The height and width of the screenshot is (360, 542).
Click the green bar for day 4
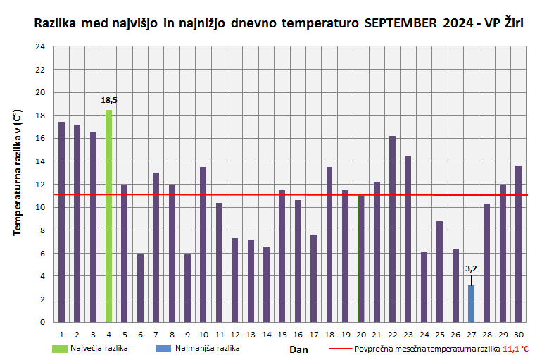[x=109, y=216]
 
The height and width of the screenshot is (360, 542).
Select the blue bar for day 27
[x=471, y=304]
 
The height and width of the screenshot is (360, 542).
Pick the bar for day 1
[x=62, y=222]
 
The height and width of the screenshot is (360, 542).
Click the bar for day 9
[x=187, y=288]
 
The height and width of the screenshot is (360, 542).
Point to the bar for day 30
[x=518, y=244]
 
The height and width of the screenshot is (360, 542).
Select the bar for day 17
[x=313, y=278]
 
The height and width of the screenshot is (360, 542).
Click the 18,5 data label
[x=109, y=101]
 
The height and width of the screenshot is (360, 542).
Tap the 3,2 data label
[x=471, y=268]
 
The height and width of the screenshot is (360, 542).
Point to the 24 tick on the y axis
[x=40, y=46]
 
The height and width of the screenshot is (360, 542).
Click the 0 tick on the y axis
[x=42, y=322]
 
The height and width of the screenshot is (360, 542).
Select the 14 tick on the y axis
[x=40, y=161]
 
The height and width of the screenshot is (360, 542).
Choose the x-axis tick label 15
[x=282, y=334]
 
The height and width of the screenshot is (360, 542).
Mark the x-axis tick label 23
[x=408, y=334]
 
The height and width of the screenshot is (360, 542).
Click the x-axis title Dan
[x=299, y=349]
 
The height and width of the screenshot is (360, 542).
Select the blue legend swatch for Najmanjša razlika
[x=165, y=348]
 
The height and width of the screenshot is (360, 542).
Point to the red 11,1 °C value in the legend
[x=515, y=348]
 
